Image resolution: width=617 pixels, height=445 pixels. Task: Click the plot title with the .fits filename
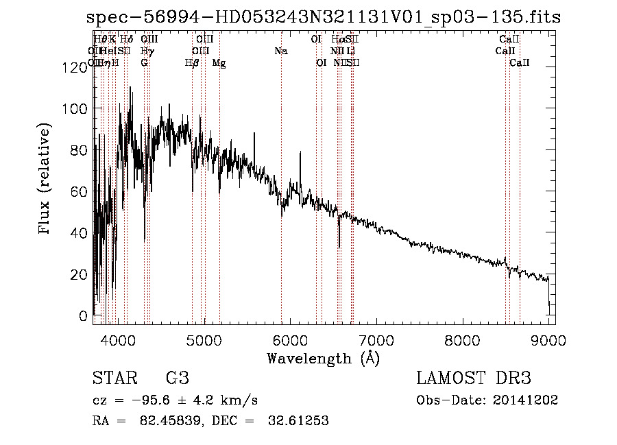click(324, 17)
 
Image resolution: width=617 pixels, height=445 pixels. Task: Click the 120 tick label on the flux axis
click(72, 67)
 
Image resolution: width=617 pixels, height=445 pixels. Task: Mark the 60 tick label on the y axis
click(76, 191)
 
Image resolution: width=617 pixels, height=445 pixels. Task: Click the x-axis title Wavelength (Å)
click(323, 358)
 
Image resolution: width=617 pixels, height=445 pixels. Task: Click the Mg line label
click(219, 63)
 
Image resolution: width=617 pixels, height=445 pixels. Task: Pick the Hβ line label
click(192, 63)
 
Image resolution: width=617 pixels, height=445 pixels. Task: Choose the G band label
click(144, 63)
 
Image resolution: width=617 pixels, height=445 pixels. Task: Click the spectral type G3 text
click(177, 378)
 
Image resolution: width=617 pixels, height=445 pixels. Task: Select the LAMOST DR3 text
click(474, 378)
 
